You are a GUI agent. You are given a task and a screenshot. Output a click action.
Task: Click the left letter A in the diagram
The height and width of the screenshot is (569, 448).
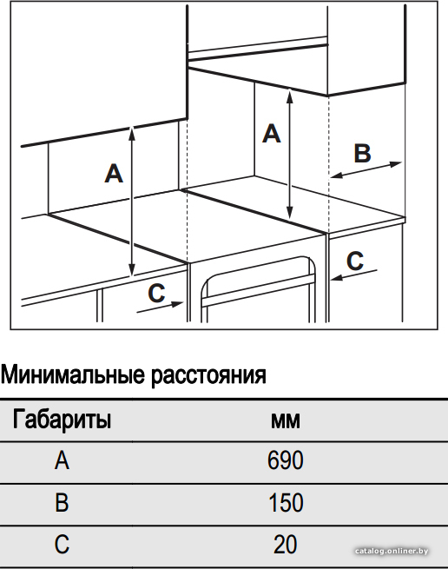click(114, 174)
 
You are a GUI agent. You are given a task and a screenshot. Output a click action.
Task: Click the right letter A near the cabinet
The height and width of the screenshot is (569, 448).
click(272, 133)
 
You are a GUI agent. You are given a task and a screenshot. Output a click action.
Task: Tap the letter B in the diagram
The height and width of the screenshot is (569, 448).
click(362, 153)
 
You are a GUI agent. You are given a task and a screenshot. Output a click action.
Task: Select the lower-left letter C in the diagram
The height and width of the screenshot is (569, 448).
click(156, 293)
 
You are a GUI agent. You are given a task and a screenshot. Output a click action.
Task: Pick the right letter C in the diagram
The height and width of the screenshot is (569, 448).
click(355, 261)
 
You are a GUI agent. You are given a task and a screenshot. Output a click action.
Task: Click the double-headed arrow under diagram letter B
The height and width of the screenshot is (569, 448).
click(366, 169)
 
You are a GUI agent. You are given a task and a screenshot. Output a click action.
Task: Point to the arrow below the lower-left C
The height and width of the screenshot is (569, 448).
click(160, 307)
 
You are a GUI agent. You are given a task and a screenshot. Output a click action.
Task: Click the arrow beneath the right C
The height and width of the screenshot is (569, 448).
click(353, 275)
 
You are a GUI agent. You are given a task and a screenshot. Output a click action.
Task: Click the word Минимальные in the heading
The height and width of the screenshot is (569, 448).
click(72, 375)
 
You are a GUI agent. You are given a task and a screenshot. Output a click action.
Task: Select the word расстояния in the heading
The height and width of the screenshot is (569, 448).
click(208, 376)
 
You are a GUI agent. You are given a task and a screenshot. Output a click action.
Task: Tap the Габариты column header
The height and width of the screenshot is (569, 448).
click(62, 420)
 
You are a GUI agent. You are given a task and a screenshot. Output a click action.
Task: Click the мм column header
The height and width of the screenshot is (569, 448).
click(286, 421)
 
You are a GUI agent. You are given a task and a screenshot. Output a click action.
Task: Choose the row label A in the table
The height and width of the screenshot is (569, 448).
click(62, 461)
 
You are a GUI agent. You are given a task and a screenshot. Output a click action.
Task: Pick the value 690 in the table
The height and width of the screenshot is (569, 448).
click(286, 461)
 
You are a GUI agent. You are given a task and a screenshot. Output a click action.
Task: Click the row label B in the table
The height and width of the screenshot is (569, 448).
click(62, 503)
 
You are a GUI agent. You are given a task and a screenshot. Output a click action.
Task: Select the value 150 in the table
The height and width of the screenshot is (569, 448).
click(286, 503)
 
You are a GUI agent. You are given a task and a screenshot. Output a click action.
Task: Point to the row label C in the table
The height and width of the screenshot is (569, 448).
click(62, 545)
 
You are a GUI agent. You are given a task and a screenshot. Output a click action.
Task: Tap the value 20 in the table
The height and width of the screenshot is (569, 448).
click(286, 545)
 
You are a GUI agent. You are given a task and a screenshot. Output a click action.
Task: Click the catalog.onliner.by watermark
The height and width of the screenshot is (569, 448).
click(392, 552)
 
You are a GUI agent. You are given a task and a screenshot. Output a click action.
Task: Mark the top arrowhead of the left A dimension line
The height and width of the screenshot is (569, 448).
click(132, 134)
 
